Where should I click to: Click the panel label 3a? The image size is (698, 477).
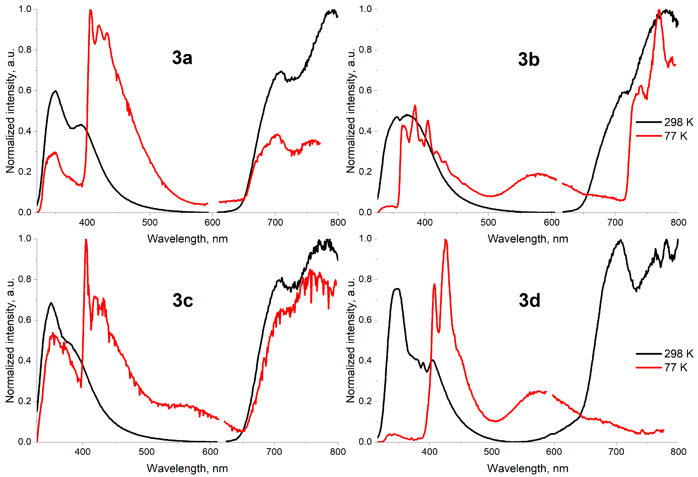pyautogui.click(x=182, y=58)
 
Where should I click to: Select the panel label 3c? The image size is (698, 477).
pyautogui.click(x=183, y=300)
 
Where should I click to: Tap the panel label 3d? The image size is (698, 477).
pyautogui.click(x=529, y=300)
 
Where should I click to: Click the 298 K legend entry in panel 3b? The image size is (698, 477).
pyautogui.click(x=664, y=122)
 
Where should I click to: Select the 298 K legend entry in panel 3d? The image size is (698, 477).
pyautogui.click(x=664, y=353)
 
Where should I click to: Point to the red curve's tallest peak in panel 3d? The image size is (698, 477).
pyautogui.click(x=445, y=240)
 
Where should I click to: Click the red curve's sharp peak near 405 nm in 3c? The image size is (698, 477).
pyautogui.click(x=86, y=240)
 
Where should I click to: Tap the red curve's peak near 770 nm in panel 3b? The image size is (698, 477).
pyautogui.click(x=659, y=11)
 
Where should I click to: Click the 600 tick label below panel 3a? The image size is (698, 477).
pyautogui.click(x=212, y=222)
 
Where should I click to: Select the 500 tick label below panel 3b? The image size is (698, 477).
pyautogui.click(x=488, y=222)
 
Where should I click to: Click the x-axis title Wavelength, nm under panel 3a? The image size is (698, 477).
pyautogui.click(x=187, y=239)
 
